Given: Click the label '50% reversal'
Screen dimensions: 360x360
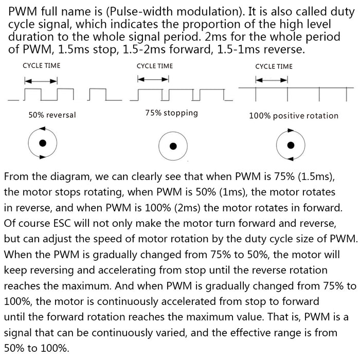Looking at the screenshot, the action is coord(52,115).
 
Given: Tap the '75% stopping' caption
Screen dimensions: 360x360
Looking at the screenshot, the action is coord(171,113).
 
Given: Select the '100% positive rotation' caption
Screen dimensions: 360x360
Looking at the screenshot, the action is coord(294,116).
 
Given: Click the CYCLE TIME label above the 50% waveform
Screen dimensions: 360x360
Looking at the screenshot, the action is coord(42,66).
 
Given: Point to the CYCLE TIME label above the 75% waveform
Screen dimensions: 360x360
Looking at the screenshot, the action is coord(155,66).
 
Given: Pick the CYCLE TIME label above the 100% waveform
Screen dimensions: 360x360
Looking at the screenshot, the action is coord(274,66).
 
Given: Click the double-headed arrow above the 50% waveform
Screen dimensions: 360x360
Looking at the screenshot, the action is coord(41,81).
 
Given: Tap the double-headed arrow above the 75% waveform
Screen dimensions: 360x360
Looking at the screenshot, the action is coord(153,79).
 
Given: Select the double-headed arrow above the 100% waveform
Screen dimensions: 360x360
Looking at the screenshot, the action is coord(272,80).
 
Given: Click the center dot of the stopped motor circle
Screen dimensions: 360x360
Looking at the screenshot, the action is coord(173,146).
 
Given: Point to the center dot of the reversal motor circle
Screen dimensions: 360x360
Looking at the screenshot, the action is coord(43,143).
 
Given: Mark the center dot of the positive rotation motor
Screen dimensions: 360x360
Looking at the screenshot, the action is coord(291,146).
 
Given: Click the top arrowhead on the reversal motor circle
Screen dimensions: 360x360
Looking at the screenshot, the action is coord(43,129).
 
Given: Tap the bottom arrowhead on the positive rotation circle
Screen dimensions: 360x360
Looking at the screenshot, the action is coord(291,158).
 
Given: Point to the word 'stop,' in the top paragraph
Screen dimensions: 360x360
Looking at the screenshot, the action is coord(105,49).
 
